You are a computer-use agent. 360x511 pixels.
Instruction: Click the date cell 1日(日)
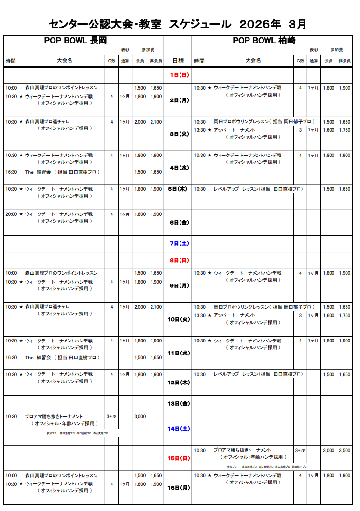coord(178,75)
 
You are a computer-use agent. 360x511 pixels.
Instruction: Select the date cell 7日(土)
coord(178,243)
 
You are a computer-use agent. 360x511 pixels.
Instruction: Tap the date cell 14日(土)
coord(178,428)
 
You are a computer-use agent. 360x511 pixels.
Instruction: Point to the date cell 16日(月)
coord(178,487)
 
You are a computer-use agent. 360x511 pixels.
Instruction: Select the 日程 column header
coord(178,61)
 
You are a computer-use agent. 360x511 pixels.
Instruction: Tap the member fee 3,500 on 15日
coord(344,450)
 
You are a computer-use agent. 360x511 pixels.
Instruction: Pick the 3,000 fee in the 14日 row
coord(140,416)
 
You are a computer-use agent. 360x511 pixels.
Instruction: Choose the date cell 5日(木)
coord(178,189)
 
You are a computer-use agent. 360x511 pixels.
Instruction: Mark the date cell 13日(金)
coord(178,403)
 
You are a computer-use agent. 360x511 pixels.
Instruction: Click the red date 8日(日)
coord(178,260)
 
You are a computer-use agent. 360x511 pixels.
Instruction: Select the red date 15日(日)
coord(178,458)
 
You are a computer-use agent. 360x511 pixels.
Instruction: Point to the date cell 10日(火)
coord(178,319)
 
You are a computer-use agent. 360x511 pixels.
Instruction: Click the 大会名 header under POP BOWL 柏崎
coord(253,61)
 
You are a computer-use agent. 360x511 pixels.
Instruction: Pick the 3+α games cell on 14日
coord(111,416)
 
